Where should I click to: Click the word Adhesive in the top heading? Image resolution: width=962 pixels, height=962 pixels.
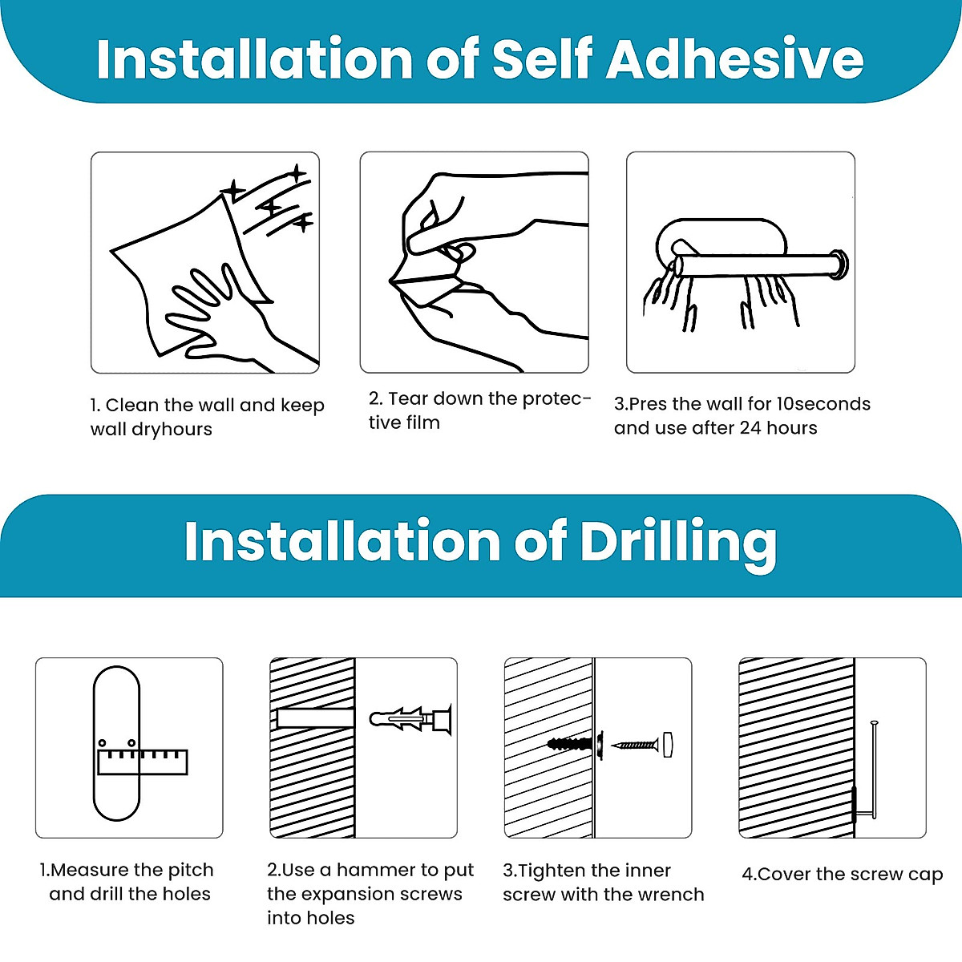(734, 59)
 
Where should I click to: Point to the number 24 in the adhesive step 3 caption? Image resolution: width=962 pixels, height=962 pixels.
(750, 428)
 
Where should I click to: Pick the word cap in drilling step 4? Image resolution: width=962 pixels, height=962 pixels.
(928, 875)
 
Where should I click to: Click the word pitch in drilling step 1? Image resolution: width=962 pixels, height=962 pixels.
(191, 870)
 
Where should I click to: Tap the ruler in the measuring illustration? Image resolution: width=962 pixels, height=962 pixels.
(143, 762)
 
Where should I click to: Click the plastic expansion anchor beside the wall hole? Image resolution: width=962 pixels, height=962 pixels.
(410, 719)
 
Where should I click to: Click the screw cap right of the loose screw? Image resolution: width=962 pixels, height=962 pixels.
(668, 745)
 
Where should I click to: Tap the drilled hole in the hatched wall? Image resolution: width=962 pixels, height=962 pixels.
(315, 718)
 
